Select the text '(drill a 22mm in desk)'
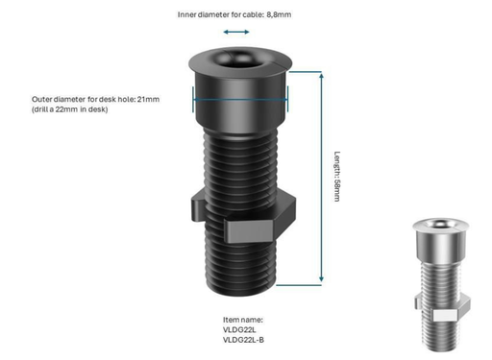click(69, 109)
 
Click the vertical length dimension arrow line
click(320, 182)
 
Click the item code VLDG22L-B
click(245, 340)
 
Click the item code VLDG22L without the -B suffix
click(239, 329)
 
